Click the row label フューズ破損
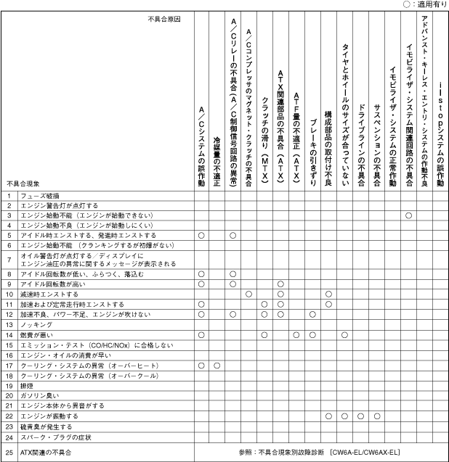click(x=34, y=196)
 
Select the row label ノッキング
click(x=35, y=325)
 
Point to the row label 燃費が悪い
click(x=35, y=335)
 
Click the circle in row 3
click(x=408, y=215)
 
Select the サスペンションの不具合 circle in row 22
click(x=377, y=416)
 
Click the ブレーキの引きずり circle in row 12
click(x=312, y=315)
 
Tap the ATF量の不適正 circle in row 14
click(x=296, y=335)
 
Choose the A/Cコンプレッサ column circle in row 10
click(x=248, y=294)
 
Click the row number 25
click(x=9, y=453)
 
